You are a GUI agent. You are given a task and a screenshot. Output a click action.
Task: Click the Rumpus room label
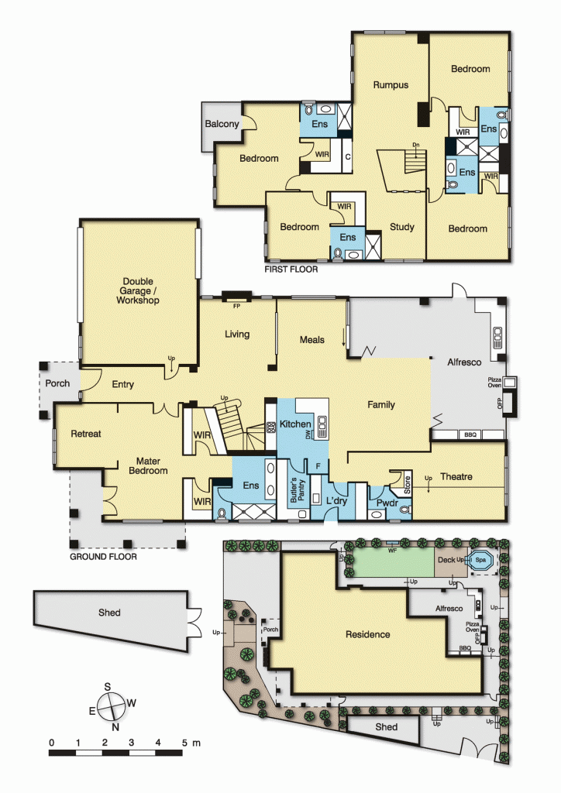click(x=390, y=84)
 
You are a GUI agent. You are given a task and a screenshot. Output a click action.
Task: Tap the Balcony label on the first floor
click(x=221, y=124)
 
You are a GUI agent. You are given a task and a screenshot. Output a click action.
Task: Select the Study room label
click(x=401, y=227)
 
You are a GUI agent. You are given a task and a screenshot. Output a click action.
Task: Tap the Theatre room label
click(x=456, y=476)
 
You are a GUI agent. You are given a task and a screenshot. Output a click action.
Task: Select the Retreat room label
click(x=85, y=434)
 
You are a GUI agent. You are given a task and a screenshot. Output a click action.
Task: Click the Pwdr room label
click(x=387, y=503)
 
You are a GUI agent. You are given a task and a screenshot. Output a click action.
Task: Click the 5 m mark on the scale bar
click(x=184, y=743)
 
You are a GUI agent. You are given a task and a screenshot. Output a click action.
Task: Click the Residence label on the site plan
click(x=367, y=634)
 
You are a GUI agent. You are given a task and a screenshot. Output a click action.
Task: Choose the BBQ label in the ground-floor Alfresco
click(x=470, y=435)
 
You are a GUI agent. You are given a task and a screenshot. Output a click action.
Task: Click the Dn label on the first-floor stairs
click(x=416, y=145)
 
